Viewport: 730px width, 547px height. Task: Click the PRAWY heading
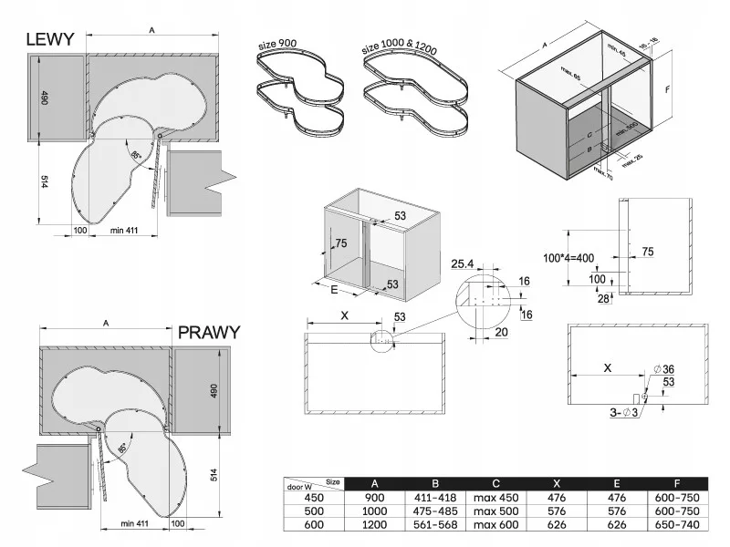coord(209,332)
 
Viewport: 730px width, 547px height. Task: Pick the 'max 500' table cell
coord(495,511)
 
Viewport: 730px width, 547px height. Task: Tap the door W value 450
coord(314,497)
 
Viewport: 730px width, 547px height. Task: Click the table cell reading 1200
coord(375,524)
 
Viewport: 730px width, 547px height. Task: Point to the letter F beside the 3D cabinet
coord(668,90)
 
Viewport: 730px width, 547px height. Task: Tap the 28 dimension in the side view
coord(602,298)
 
